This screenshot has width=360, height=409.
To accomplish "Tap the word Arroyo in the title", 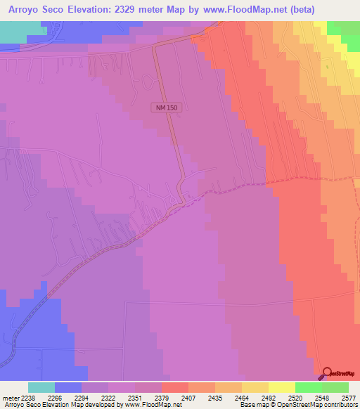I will point(27,10).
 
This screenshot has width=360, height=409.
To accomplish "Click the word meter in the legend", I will point(11,397).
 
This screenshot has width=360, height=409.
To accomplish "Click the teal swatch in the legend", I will point(41,387).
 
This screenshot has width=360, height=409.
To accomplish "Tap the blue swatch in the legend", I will point(67,387).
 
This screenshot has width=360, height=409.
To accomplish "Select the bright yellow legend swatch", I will point(281,387).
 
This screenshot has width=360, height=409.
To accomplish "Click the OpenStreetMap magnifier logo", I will point(328,374).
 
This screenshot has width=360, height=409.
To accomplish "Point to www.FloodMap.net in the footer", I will point(150,405).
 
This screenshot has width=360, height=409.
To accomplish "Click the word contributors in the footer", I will point(340,405).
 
